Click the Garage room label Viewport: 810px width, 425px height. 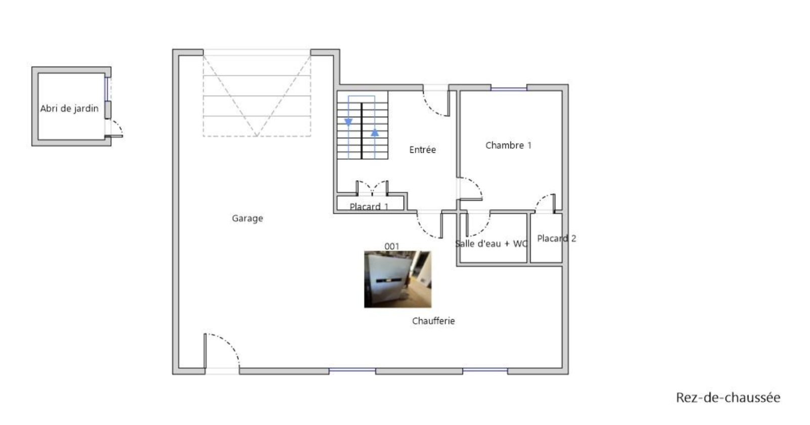tap(248, 218)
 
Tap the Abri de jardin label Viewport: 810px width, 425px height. tap(69, 108)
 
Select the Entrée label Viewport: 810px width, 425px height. tap(422, 150)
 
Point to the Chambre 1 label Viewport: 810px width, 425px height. tap(508, 145)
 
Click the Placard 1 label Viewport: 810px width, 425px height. tap(369, 207)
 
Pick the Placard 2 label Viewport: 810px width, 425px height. tap(556, 238)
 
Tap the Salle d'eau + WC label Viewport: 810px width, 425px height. tap(491, 244)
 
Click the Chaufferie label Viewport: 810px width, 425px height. tap(433, 321)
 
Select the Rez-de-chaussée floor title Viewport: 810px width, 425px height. tap(728, 398)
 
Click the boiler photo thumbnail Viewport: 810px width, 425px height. tap(398, 279)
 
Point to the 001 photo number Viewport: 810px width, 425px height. tap(392, 246)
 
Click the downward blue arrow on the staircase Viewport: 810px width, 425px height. tap(348, 122)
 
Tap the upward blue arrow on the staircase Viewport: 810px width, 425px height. tap(375, 133)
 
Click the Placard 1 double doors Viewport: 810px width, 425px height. tap(372, 188)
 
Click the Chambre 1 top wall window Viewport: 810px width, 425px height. tap(509, 89)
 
